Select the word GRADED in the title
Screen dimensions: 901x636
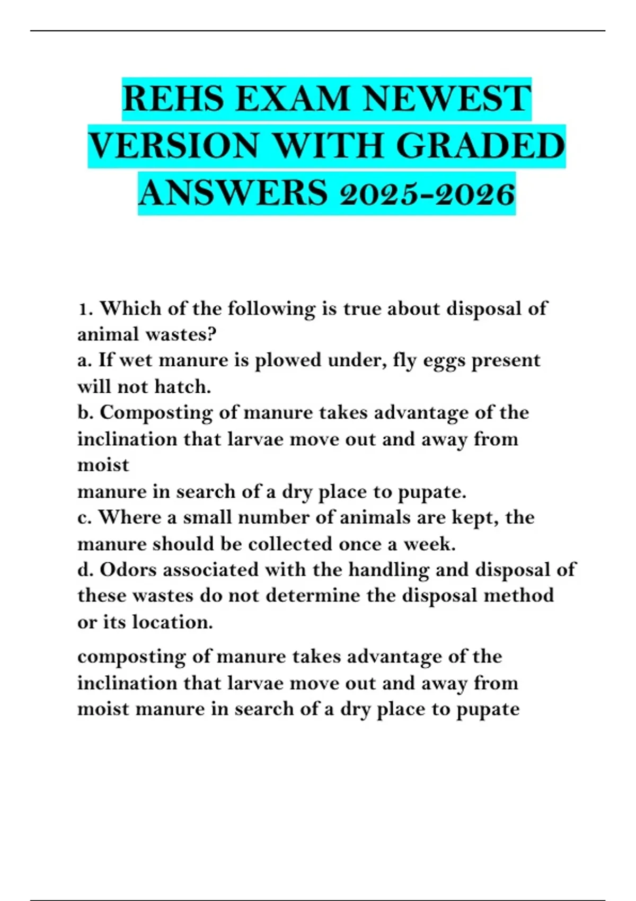[480, 146]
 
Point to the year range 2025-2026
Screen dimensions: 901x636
[427, 193]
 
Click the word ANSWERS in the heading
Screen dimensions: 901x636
[233, 193]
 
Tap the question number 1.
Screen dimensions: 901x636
[83, 308]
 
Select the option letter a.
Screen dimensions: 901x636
[82, 360]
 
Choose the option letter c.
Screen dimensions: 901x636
[82, 517]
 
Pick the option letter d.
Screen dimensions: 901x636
[83, 570]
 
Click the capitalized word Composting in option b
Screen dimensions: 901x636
[156, 413]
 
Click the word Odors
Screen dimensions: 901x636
[127, 570]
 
